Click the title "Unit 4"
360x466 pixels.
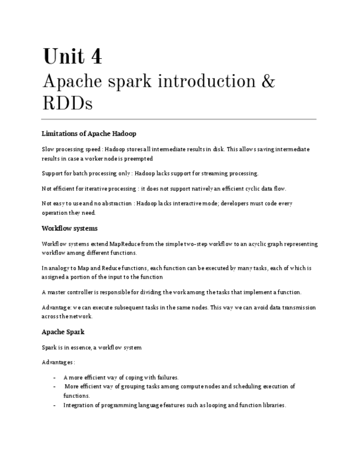point(73,57)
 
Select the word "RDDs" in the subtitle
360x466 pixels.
point(67,103)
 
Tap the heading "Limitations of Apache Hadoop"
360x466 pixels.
point(89,134)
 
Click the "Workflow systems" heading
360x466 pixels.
point(70,228)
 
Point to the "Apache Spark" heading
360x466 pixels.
point(63,332)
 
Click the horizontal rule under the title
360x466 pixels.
point(179,119)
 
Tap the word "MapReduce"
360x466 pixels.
point(125,244)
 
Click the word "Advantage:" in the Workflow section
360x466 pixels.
point(56,308)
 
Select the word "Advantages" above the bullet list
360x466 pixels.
point(57,363)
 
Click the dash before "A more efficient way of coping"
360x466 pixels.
point(54,378)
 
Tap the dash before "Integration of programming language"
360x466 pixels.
point(54,406)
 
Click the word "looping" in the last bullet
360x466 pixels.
point(223,406)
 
